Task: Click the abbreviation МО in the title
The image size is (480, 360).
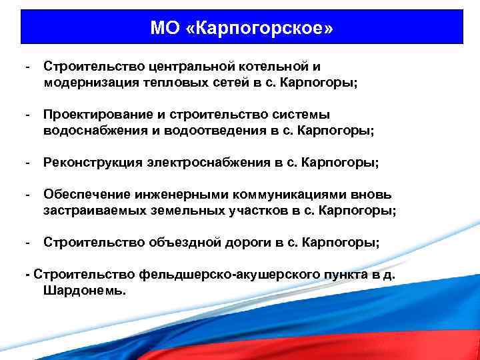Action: pyautogui.click(x=164, y=29)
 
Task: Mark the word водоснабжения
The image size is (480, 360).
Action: pyautogui.click(x=90, y=131)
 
